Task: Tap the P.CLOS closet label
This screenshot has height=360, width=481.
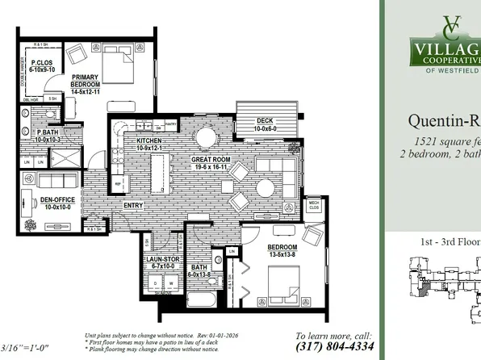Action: point(42,65)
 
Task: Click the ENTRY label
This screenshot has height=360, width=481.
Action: point(133,205)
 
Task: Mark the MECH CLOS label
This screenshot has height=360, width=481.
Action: point(313,206)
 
